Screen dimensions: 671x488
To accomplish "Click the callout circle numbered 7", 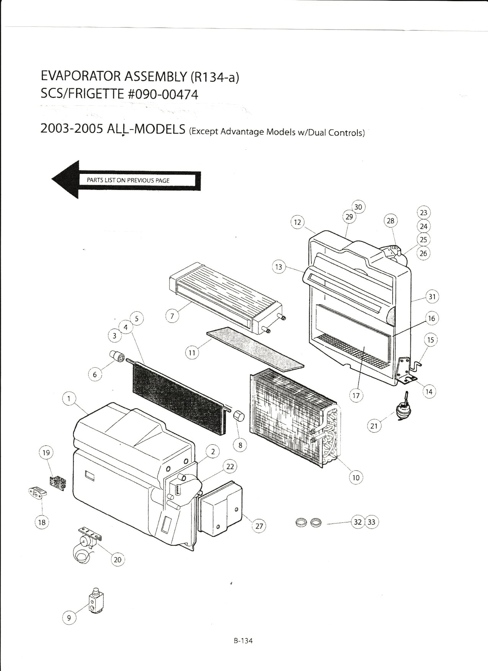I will click(172, 316).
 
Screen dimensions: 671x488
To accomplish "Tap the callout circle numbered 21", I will click(374, 426).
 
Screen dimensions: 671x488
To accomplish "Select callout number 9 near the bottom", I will click(69, 617).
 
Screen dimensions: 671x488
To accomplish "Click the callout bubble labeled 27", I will click(259, 526).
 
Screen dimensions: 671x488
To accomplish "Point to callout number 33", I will click(372, 522).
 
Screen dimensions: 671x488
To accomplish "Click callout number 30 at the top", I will click(358, 207).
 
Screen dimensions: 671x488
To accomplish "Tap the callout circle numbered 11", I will click(192, 352).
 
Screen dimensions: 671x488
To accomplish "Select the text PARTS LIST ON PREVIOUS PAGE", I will click(128, 180).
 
